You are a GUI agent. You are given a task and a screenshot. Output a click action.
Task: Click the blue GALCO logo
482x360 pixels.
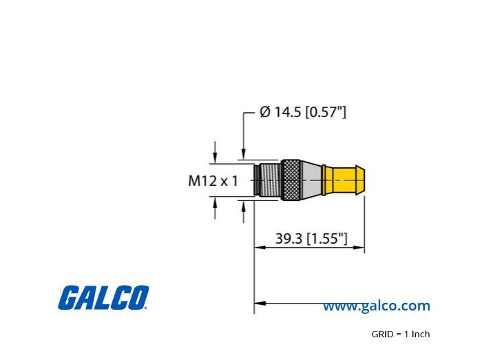click(103, 297)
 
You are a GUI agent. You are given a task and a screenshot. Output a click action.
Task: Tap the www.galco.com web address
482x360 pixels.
click(376, 306)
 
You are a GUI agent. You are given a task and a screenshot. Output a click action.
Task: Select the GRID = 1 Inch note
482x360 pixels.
click(401, 334)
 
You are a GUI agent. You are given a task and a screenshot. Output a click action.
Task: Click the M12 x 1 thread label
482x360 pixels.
click(213, 180)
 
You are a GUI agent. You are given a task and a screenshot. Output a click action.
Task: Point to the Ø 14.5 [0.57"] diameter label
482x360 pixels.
click(303, 112)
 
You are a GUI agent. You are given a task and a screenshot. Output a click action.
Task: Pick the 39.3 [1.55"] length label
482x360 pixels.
click(311, 238)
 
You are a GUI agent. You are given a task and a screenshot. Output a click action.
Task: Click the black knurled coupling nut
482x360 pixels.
click(291, 180)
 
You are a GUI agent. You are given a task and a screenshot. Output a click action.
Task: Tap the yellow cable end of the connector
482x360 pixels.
click(344, 180)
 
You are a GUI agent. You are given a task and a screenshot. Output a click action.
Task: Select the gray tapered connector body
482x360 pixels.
click(311, 180)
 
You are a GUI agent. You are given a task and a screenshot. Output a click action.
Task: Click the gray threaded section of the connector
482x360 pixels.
click(270, 180)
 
